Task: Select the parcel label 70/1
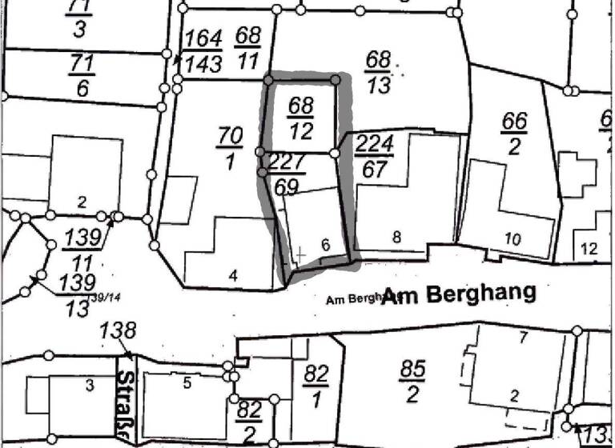(x=229, y=149)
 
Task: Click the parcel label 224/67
(x=373, y=157)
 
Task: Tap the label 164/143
(x=203, y=50)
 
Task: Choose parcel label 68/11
(x=248, y=46)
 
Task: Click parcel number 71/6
(x=82, y=76)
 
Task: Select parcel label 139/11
(x=82, y=249)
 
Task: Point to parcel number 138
(x=118, y=330)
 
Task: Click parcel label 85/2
(x=412, y=380)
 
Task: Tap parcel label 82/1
(x=316, y=385)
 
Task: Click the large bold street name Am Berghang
(x=459, y=294)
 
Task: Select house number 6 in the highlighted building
(x=325, y=246)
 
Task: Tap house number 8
(x=396, y=236)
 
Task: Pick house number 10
(x=513, y=238)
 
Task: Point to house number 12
(x=589, y=249)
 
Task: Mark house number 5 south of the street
(x=187, y=383)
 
